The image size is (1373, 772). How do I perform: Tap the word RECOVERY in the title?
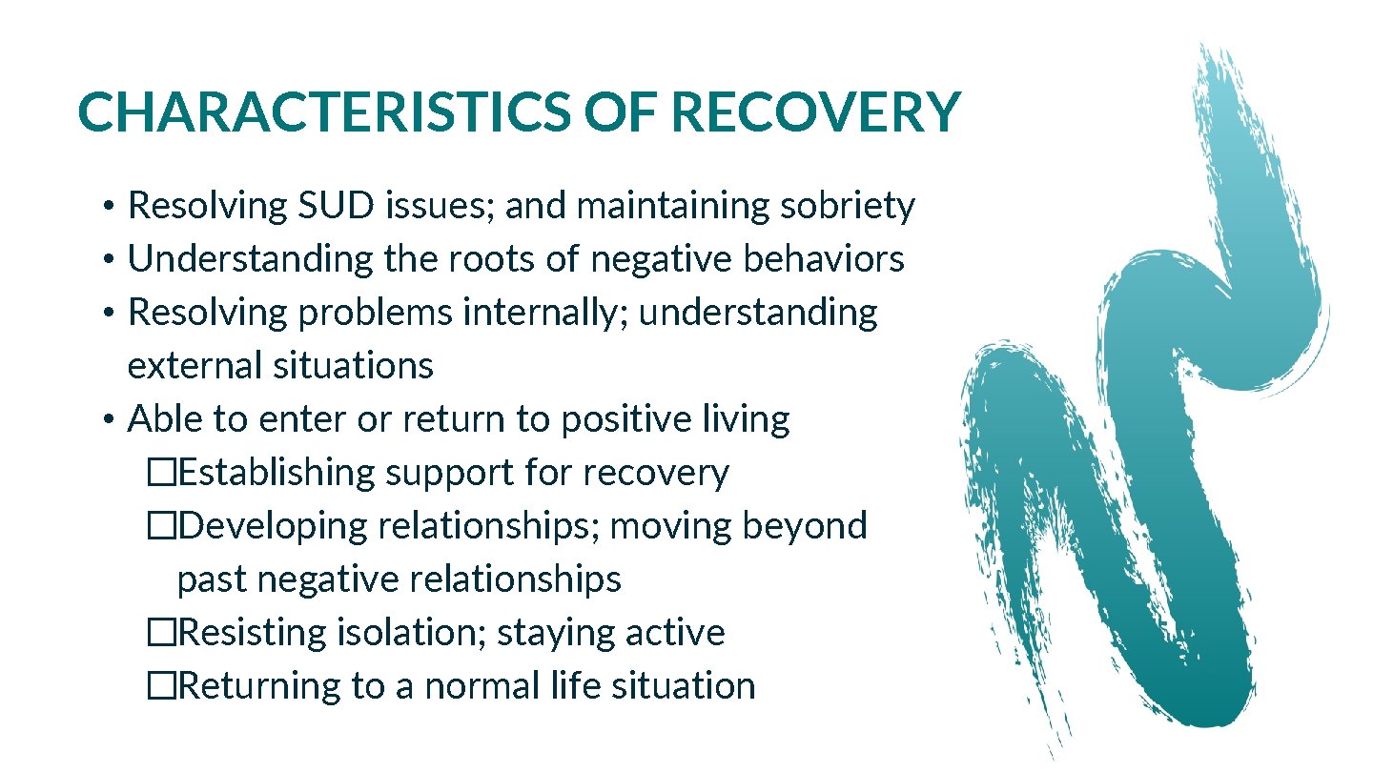[816, 113]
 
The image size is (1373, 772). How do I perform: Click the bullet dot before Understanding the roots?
[111, 259]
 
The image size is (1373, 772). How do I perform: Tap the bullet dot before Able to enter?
[111, 419]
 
